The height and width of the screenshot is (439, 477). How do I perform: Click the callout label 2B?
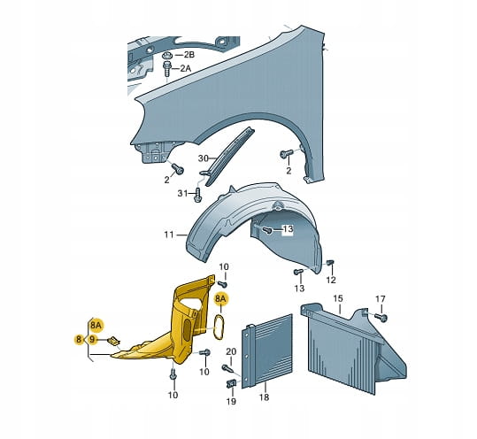tap(188, 55)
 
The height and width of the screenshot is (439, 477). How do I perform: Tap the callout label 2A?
tap(186, 68)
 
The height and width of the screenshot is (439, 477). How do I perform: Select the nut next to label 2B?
tap(167, 56)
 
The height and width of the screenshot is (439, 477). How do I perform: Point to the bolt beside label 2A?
tap(167, 69)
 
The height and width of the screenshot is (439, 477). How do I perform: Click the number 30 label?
tap(204, 158)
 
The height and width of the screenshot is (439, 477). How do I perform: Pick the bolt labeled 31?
tap(198, 195)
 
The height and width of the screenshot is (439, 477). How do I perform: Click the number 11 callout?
tap(169, 235)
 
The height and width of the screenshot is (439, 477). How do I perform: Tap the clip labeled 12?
tap(330, 263)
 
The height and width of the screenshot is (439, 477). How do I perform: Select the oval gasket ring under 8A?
tap(219, 327)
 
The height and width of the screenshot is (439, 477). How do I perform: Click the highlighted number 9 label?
tap(92, 339)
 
